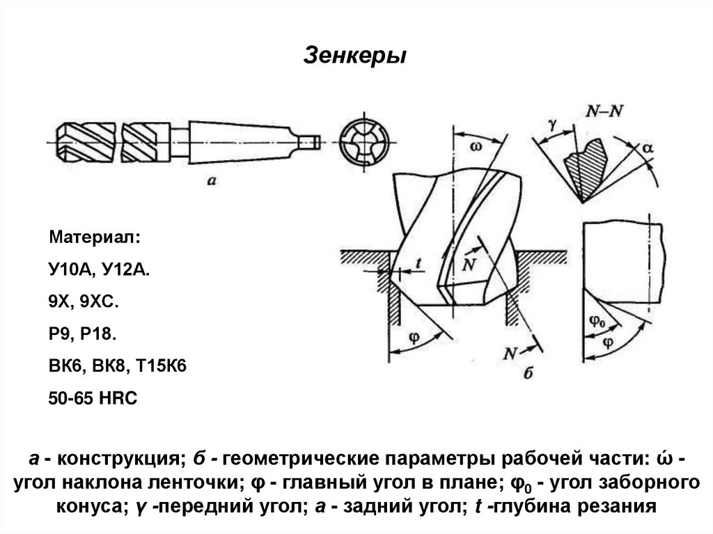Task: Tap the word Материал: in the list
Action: (94, 239)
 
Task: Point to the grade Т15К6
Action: (165, 367)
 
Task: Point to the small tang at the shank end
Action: (309, 140)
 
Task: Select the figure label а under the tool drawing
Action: (214, 180)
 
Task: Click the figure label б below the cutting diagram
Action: (527, 374)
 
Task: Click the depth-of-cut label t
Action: (419, 263)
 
